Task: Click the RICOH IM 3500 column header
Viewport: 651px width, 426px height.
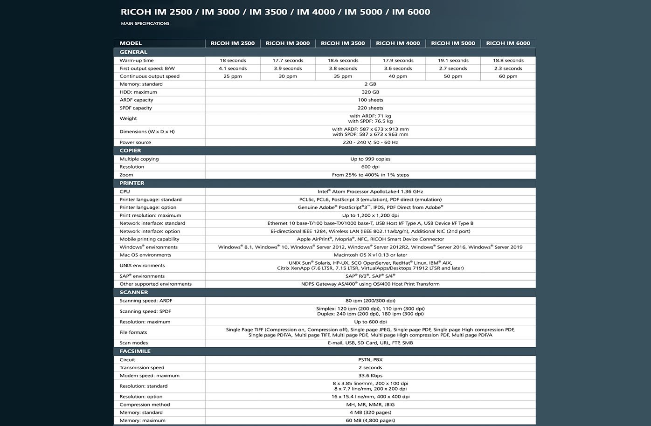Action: [x=343, y=43]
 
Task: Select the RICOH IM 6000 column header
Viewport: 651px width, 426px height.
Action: [x=508, y=43]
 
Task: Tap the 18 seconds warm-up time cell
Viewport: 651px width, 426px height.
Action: [x=233, y=61]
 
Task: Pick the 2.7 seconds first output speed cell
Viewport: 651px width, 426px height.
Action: [x=453, y=69]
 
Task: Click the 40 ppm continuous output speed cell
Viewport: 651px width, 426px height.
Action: [x=398, y=76]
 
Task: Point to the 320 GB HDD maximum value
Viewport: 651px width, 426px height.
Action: [x=370, y=92]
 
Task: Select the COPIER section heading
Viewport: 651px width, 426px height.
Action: [x=130, y=151]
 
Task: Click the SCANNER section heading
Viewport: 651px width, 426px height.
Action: [x=133, y=292]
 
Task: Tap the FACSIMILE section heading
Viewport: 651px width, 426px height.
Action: [x=135, y=351]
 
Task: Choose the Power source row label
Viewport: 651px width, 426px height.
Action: [x=135, y=143]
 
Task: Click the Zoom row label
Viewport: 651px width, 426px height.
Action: [x=126, y=175]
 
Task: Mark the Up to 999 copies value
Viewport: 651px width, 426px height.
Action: [x=370, y=159]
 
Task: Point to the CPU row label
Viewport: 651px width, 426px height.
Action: [x=125, y=192]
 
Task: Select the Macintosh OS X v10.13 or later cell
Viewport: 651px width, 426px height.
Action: [x=370, y=255]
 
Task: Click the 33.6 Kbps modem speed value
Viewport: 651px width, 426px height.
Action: [x=370, y=376]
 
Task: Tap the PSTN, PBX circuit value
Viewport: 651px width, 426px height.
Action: [x=370, y=360]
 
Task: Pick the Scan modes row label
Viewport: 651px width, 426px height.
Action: [x=133, y=343]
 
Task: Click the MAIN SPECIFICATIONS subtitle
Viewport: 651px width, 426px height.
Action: [x=145, y=23]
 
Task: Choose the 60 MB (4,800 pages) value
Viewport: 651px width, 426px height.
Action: [x=370, y=420]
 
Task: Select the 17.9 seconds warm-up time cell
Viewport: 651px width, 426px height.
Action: [x=398, y=61]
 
